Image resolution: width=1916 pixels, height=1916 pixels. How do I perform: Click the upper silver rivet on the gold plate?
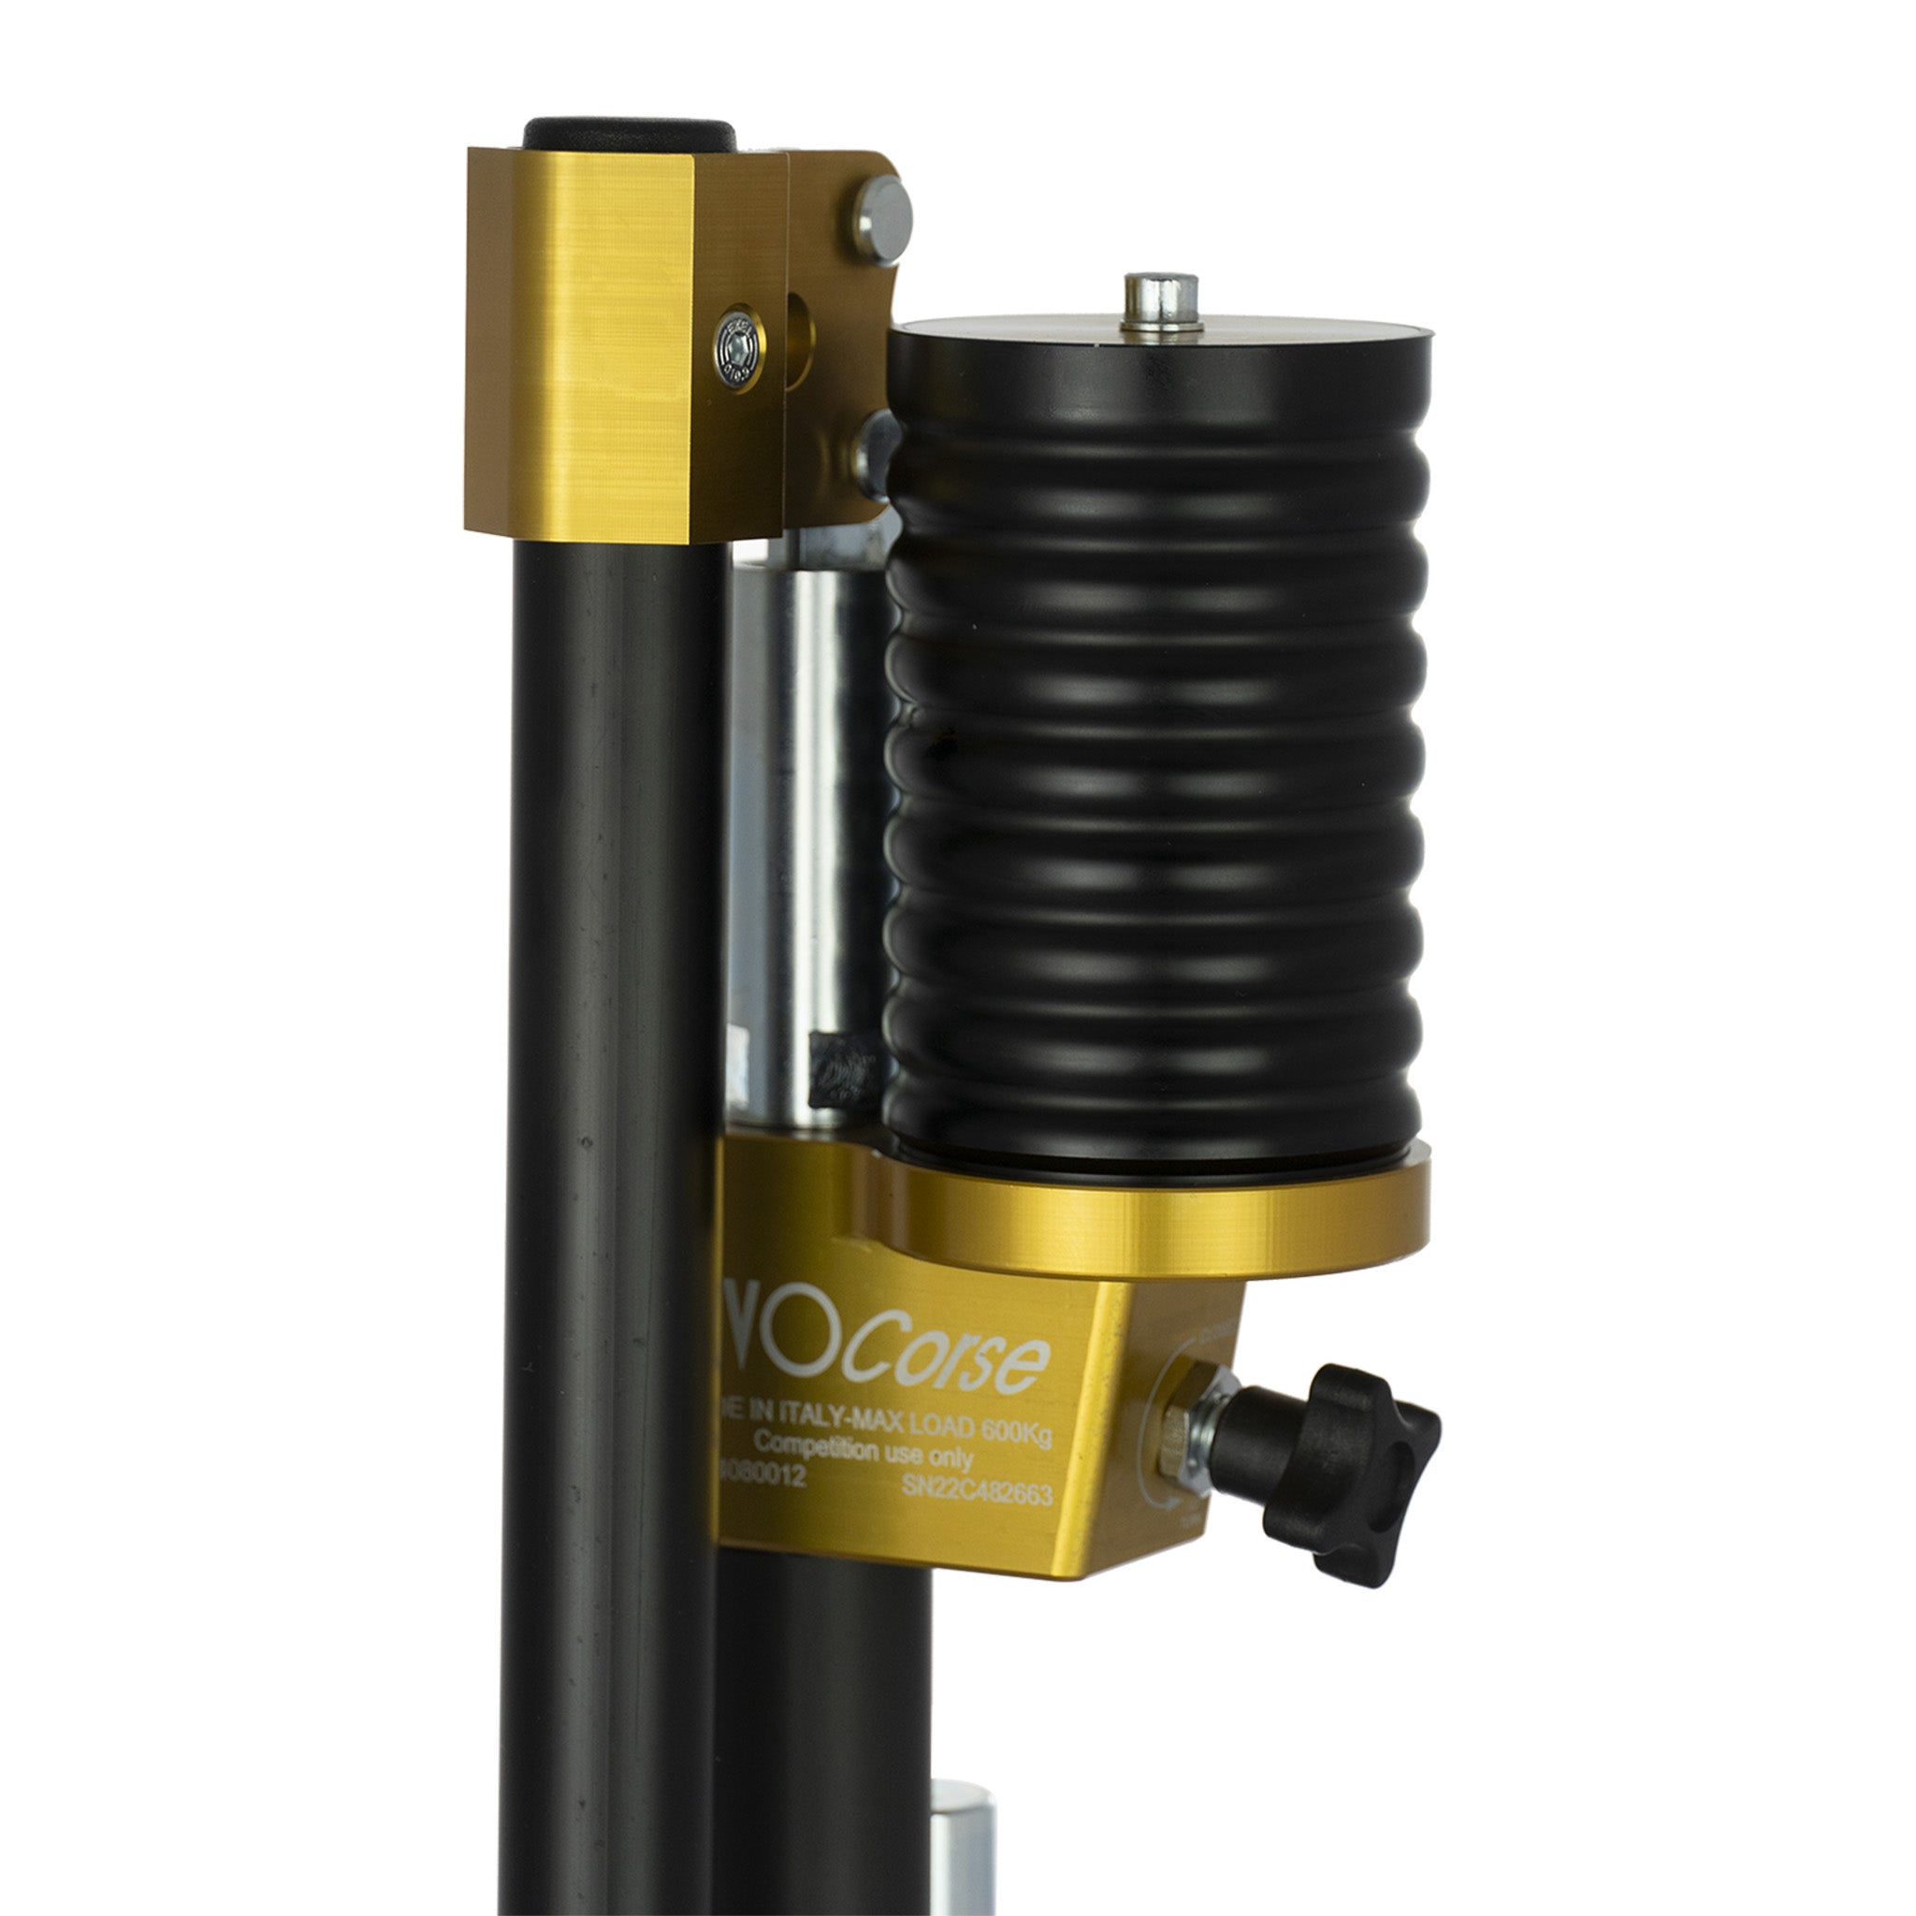pyautogui.click(x=881, y=219)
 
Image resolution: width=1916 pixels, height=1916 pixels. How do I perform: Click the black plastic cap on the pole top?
pyautogui.click(x=629, y=134)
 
